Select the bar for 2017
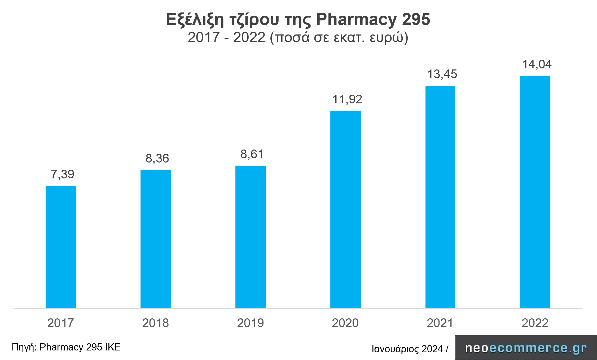[61, 247]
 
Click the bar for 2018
[156, 239]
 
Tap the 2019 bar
[251, 237]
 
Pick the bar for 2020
[345, 209]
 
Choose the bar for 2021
[440, 197]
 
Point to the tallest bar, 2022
[535, 192]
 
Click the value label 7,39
[62, 174]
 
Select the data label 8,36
[157, 159]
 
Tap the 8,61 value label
[252, 154]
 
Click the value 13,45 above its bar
[442, 74]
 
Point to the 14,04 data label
[537, 64]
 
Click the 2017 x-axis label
[60, 323]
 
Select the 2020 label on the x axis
[345, 323]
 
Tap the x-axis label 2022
[535, 323]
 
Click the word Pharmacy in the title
[357, 20]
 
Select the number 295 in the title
[416, 19]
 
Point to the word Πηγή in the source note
[24, 347]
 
